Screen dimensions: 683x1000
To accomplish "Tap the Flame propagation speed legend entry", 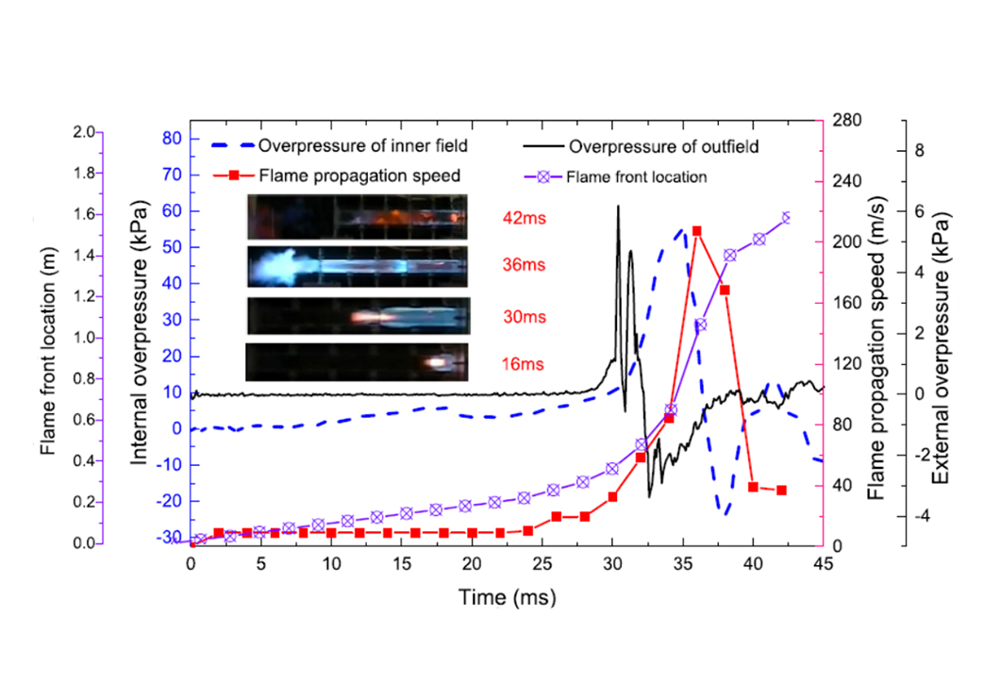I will pos(359,175).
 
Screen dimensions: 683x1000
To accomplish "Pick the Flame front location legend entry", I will pos(637,175).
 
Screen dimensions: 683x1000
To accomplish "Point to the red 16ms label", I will pos(522,363).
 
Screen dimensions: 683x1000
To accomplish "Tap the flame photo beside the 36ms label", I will pos(358,266).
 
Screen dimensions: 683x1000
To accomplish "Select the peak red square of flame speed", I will pos(696,231).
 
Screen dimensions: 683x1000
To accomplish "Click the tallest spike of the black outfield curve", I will pos(618,207).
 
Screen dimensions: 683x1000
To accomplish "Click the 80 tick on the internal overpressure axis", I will pos(171,137).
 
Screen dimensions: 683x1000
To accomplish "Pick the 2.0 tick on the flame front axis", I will pos(82,132).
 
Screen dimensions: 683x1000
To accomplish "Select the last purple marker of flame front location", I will pos(787,218).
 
